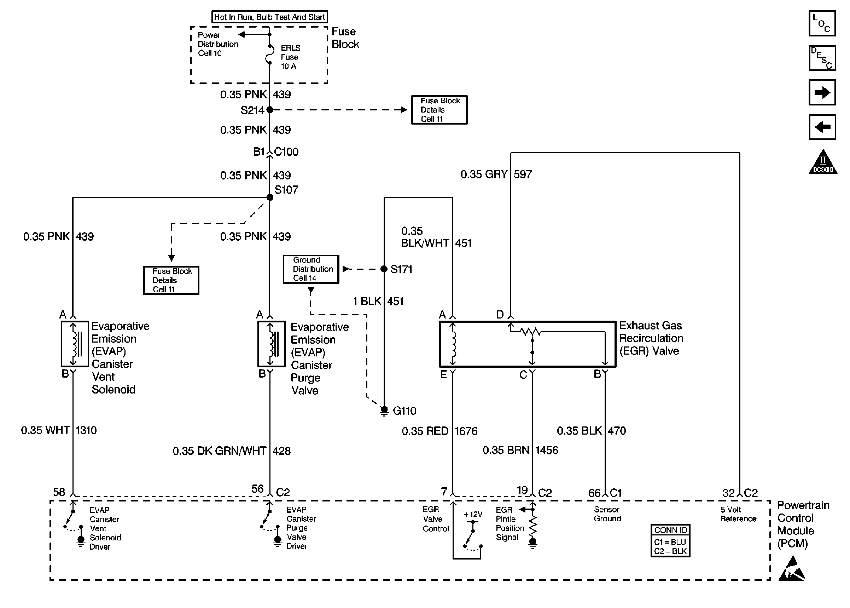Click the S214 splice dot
click(x=270, y=110)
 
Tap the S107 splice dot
click(x=270, y=197)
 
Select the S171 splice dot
click(x=384, y=269)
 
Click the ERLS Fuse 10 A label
click(x=290, y=57)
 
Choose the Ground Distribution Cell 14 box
click(x=311, y=269)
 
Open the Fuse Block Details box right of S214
click(x=439, y=110)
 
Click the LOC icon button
click(x=822, y=24)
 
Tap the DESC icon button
click(x=822, y=58)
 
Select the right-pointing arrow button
click(x=822, y=92)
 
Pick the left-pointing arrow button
click(x=822, y=127)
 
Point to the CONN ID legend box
click(x=670, y=541)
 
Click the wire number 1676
click(x=466, y=431)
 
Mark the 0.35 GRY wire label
click(x=484, y=174)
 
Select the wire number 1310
click(x=86, y=430)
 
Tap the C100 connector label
click(x=286, y=151)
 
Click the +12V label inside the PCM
click(x=473, y=515)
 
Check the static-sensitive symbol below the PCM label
click(x=792, y=569)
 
